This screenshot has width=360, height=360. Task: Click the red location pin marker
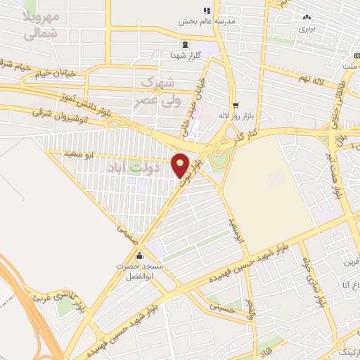point(181,165)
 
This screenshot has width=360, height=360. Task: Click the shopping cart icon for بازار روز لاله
point(236,103)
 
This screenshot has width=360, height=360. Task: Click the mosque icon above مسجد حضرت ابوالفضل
point(140,255)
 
